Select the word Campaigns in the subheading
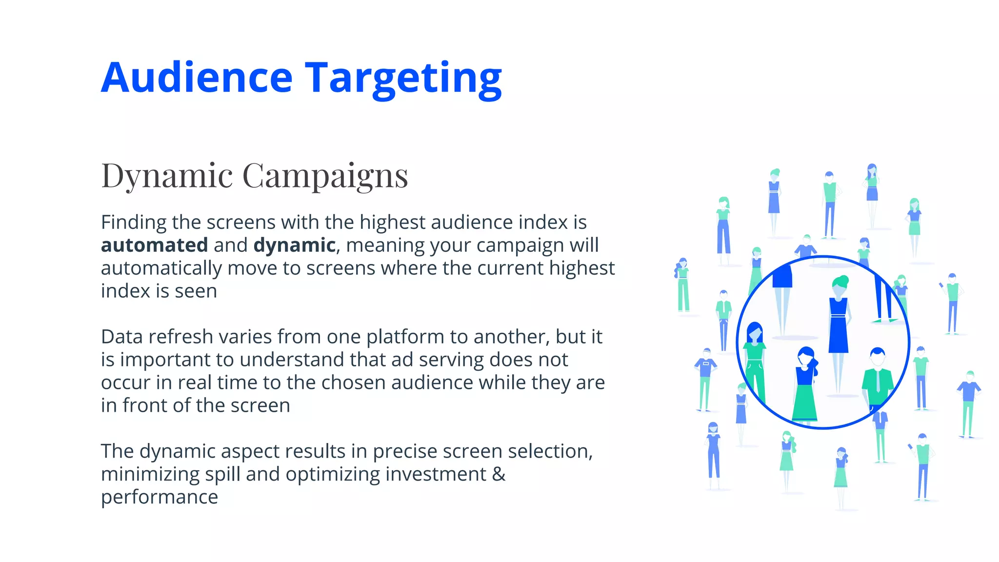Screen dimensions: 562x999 (325, 176)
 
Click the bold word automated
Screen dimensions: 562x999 (154, 245)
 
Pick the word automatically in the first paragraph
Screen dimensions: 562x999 (161, 268)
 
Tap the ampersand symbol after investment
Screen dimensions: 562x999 (499, 474)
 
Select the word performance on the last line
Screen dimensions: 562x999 (159, 497)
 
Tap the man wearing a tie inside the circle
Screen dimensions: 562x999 (877, 378)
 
